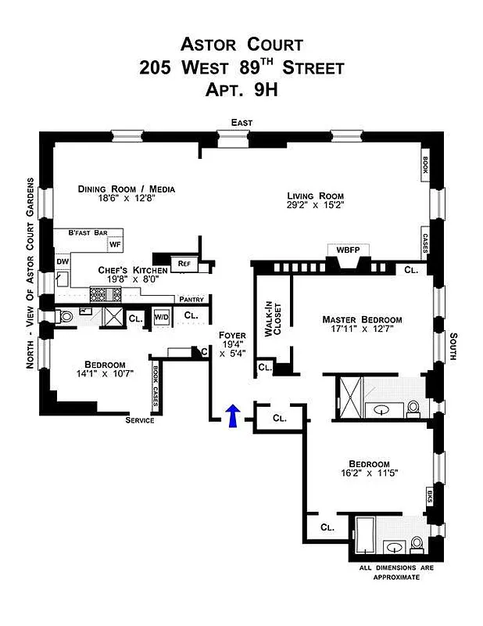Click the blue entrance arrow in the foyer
click(x=232, y=417)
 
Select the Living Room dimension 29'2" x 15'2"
click(x=315, y=207)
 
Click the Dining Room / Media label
click(x=126, y=189)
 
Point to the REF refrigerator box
click(x=184, y=264)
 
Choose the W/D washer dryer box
click(x=161, y=317)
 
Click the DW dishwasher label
click(x=62, y=262)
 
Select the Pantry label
click(x=191, y=299)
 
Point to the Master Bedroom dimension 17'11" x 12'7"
click(x=362, y=332)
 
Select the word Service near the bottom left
click(x=140, y=420)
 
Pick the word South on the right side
click(x=453, y=347)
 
